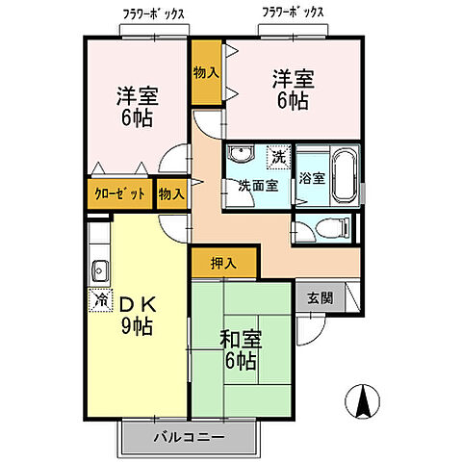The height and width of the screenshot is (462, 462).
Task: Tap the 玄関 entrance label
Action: (321, 298)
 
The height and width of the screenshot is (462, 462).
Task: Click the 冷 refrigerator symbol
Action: (100, 300)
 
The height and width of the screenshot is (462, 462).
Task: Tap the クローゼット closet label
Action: (119, 193)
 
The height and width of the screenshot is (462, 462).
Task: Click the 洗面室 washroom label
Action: (258, 186)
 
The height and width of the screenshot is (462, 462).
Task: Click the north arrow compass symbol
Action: (361, 398)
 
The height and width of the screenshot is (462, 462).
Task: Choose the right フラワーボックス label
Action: (293, 13)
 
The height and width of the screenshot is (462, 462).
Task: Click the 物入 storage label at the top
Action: (206, 72)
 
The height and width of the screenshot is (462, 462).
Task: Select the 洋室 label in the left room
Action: (138, 107)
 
